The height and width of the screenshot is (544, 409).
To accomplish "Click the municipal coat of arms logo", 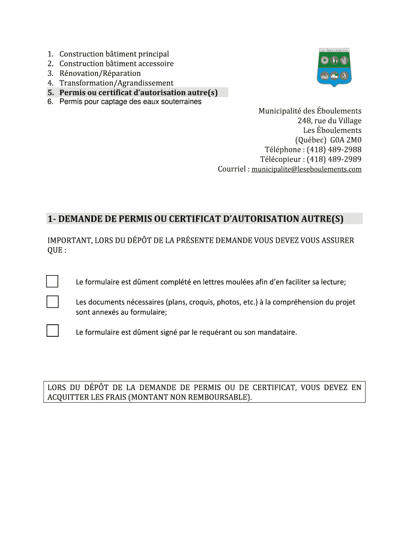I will click(x=335, y=67).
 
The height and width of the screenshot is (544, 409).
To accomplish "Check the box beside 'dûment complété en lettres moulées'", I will click(x=53, y=282).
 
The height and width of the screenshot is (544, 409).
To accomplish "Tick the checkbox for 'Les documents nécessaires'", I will click(x=53, y=302).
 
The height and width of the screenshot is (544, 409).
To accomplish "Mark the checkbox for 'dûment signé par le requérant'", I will click(x=53, y=331).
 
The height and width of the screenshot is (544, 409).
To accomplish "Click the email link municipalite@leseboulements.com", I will click(x=306, y=169).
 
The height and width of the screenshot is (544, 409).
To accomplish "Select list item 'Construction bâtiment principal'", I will click(x=114, y=54).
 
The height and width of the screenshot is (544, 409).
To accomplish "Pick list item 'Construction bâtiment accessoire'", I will click(x=116, y=64).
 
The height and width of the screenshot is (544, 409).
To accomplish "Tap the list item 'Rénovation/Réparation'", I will click(x=100, y=73).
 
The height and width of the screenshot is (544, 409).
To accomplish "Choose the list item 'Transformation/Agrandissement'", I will click(x=116, y=83).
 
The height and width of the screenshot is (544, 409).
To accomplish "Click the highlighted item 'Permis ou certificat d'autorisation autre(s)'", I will click(x=139, y=92).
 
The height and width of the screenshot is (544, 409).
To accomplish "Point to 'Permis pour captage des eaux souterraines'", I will click(x=130, y=101).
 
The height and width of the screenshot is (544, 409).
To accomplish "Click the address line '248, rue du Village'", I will click(x=329, y=121).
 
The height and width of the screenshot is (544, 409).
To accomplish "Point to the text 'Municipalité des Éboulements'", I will click(x=310, y=111).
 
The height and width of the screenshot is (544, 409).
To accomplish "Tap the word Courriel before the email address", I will click(x=233, y=169).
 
